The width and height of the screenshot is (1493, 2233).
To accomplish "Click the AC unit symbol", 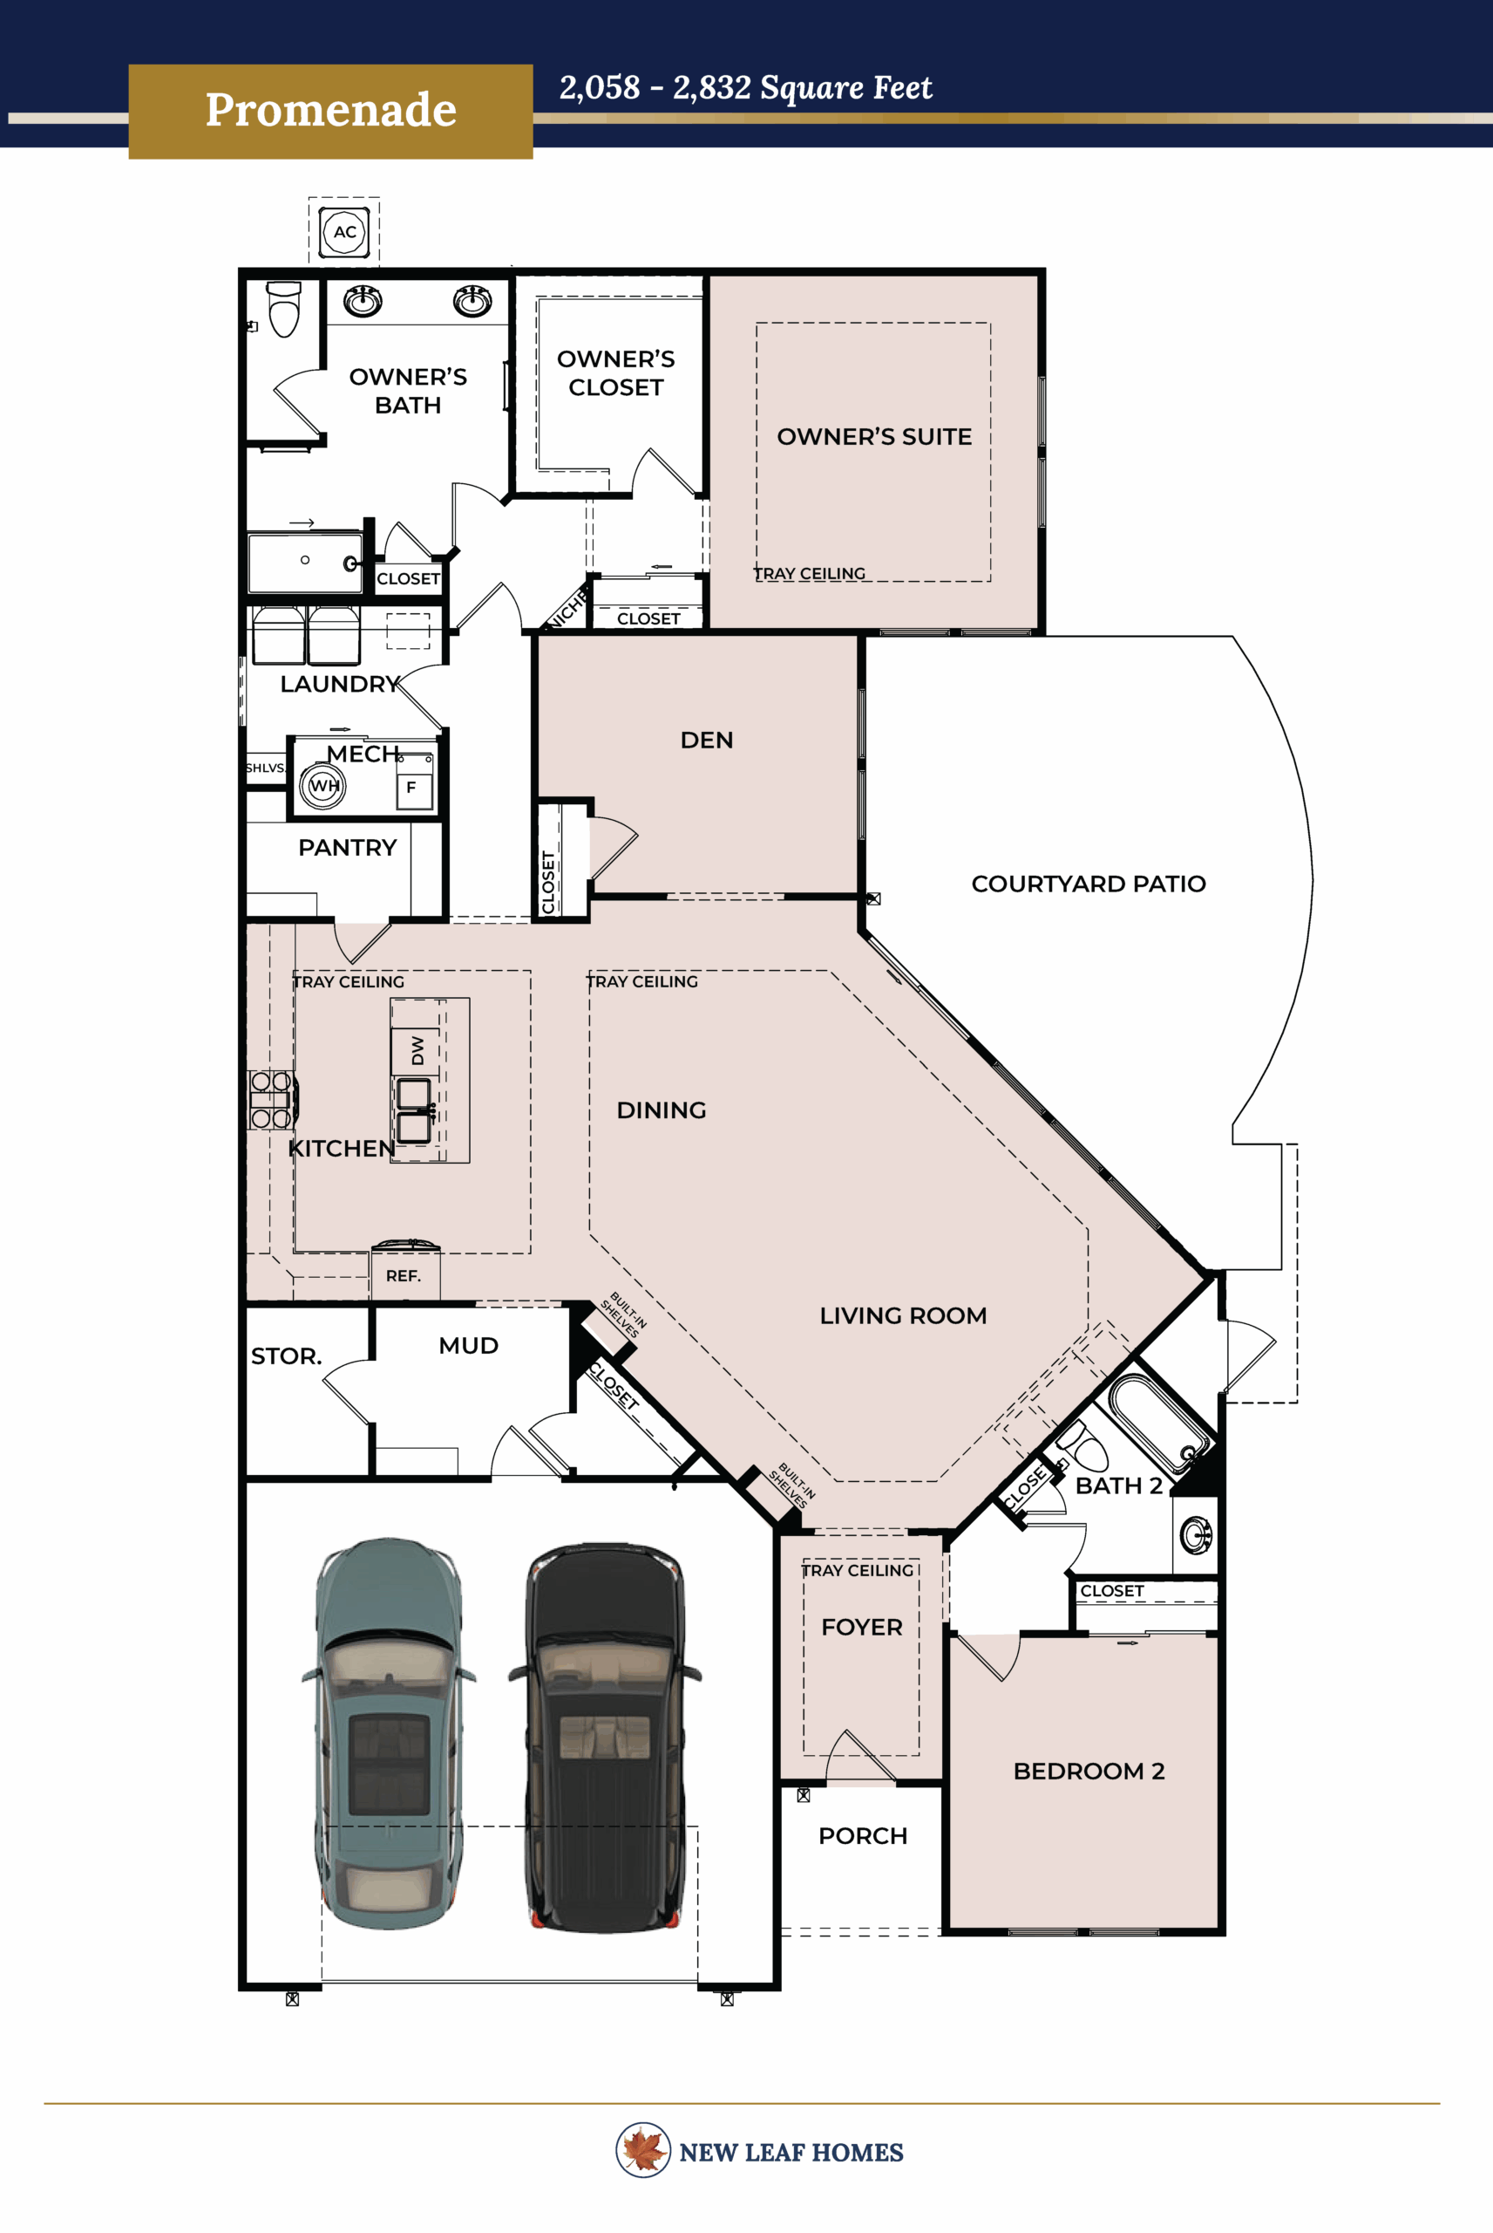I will (343, 231).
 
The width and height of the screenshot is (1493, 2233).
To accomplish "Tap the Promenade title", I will (330, 111).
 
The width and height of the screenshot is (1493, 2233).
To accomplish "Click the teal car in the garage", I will (390, 1734).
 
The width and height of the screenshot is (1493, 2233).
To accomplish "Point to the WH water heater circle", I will (322, 786).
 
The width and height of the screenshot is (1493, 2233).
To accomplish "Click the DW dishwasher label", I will (416, 1050).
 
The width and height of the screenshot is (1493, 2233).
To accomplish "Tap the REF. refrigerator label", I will (404, 1275).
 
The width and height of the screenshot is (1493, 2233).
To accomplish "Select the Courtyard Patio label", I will (1088, 884).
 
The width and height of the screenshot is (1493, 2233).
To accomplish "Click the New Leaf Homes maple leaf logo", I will (642, 2150).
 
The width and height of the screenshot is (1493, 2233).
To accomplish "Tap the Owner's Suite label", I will (873, 436).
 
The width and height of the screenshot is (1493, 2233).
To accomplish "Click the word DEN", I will (707, 741).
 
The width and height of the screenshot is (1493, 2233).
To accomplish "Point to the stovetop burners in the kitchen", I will (270, 1099).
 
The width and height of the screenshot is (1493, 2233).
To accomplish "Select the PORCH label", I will (862, 1836).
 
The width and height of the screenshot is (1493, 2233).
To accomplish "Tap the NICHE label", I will (567, 610).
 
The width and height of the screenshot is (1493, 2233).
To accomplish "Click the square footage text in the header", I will (744, 87).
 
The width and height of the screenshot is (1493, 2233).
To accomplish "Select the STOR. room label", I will (286, 1356).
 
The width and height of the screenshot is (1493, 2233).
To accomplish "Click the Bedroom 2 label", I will (1089, 1771).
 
